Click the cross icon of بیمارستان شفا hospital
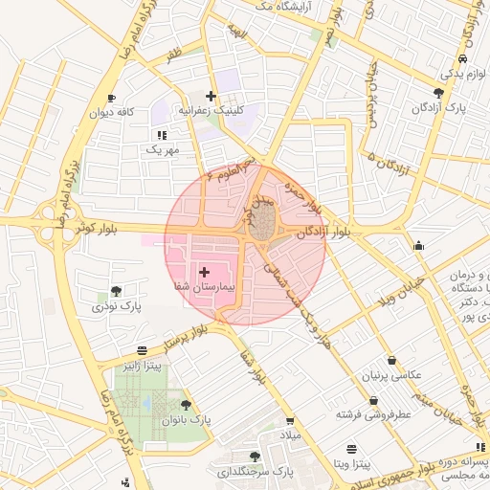pyautogui.click(x=204, y=273)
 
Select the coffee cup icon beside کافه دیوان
pyautogui.click(x=112, y=98)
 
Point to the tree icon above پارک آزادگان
pyautogui.click(x=438, y=93)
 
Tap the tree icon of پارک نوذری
pyautogui.click(x=116, y=291)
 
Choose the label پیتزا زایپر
pyautogui.click(x=141, y=366)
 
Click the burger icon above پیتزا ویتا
pyautogui.click(x=351, y=448)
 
